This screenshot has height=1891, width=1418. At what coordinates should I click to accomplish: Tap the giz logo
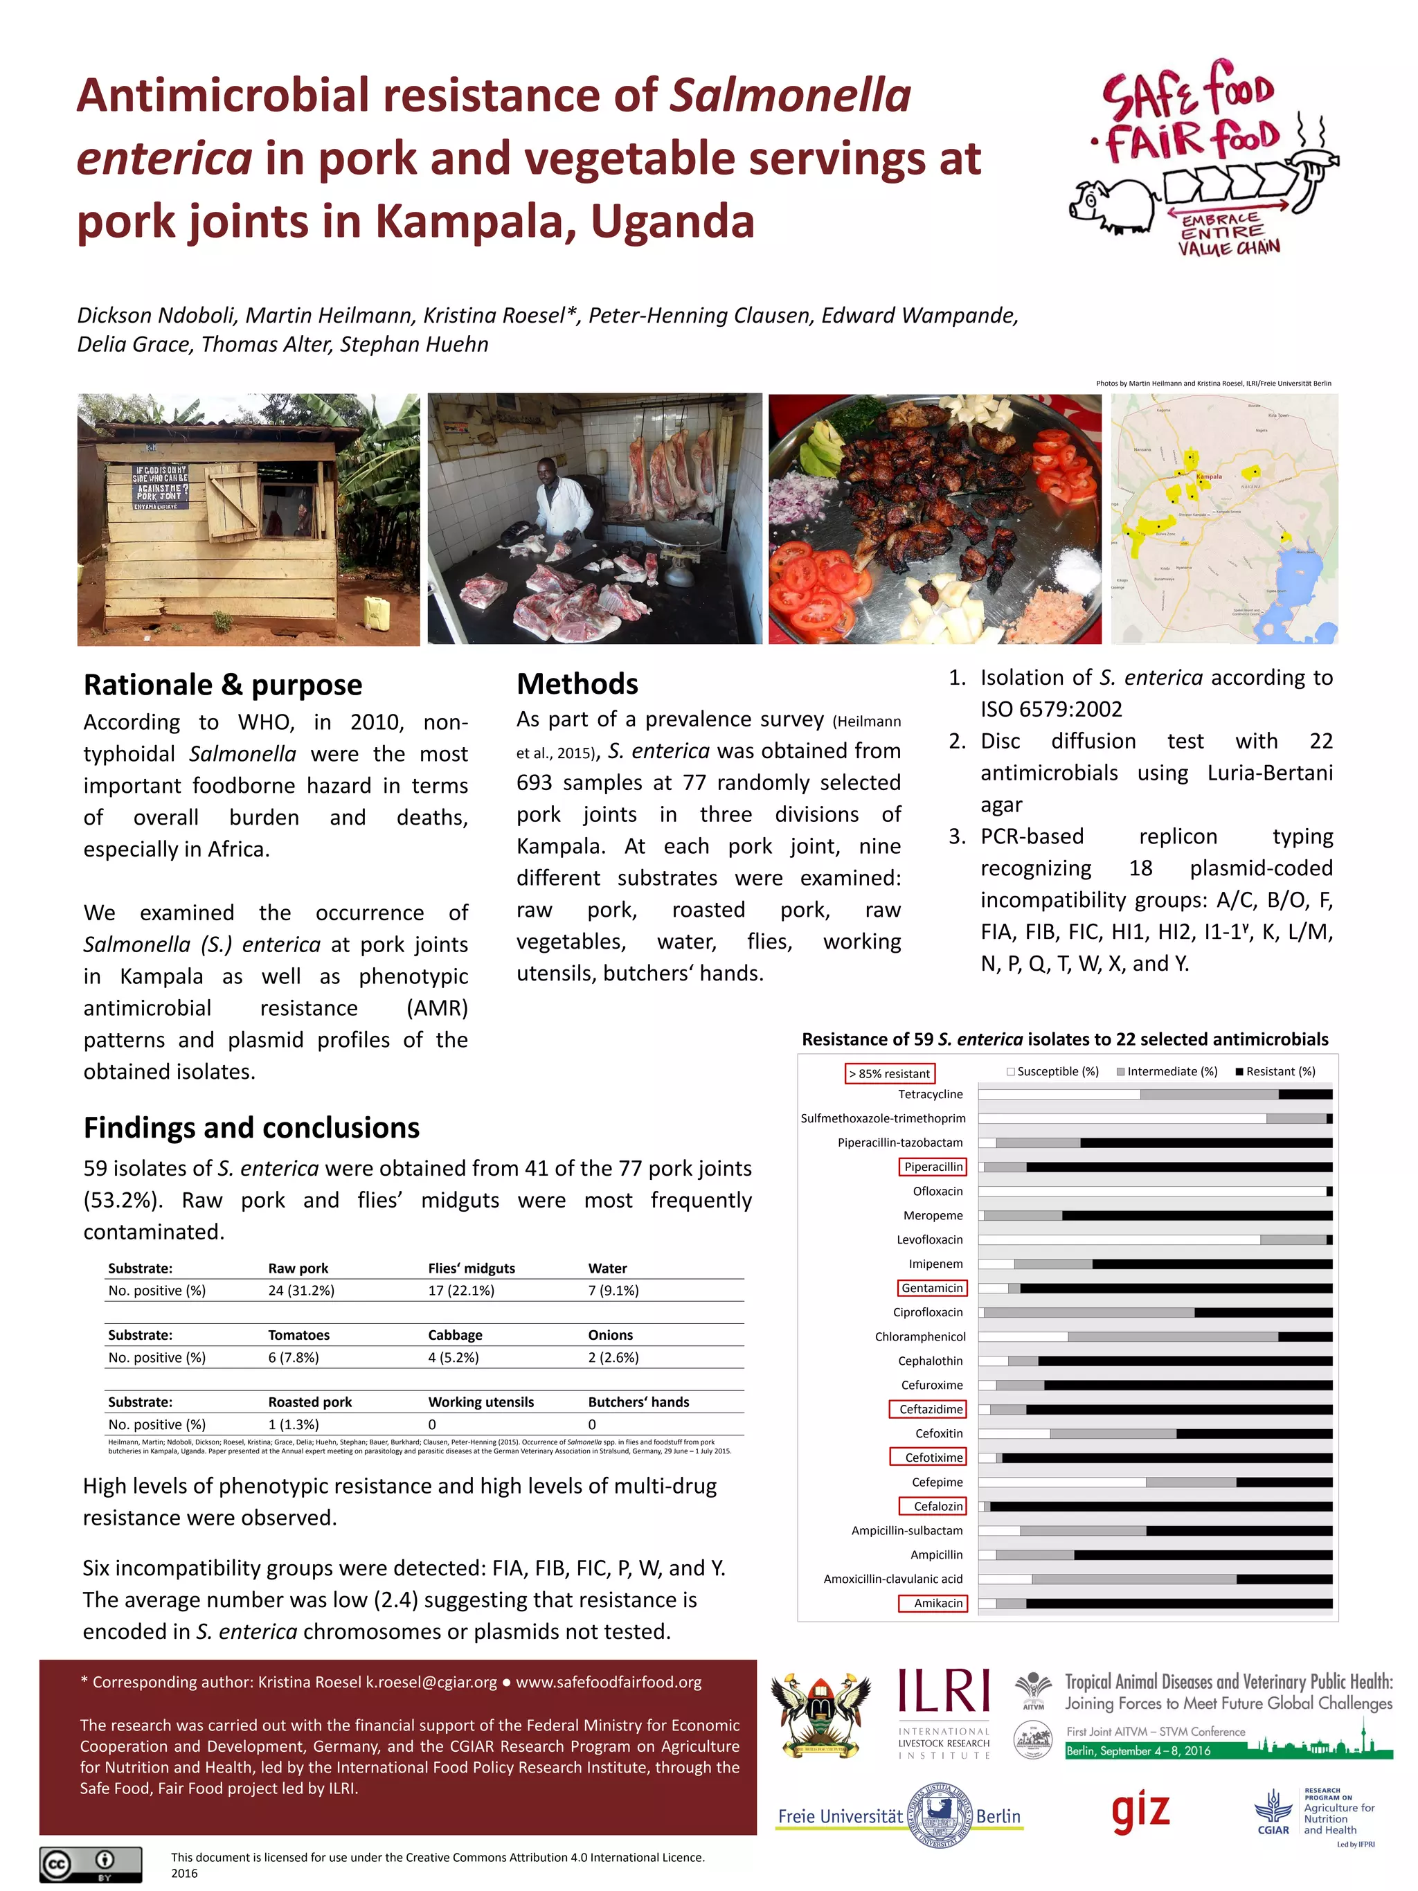point(1140,1811)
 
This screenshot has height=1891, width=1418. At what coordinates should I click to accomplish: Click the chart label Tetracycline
point(930,1094)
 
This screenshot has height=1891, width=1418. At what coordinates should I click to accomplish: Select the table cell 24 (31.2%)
point(301,1291)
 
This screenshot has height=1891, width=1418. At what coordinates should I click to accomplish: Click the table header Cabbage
point(455,1335)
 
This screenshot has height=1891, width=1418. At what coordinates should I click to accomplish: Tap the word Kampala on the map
point(1209,476)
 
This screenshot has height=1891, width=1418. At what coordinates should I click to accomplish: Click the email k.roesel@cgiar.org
point(431,1683)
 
